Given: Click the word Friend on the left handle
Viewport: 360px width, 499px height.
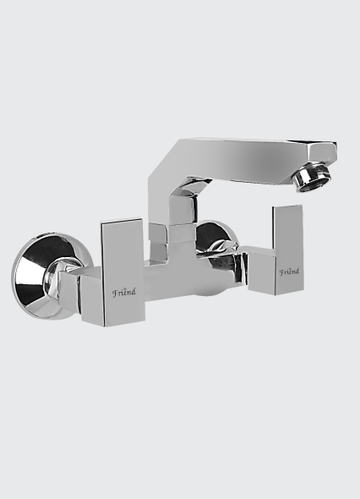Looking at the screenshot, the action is click(123, 292).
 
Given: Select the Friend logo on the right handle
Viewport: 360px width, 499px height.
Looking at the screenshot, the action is click(289, 272).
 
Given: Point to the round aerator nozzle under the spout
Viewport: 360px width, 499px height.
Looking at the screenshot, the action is click(313, 177).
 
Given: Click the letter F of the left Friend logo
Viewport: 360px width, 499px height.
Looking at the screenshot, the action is click(114, 293).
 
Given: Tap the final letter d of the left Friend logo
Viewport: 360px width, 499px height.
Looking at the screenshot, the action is click(133, 291).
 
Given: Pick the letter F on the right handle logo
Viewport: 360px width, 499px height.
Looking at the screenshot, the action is click(281, 272).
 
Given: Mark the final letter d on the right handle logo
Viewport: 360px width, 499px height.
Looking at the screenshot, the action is click(297, 271).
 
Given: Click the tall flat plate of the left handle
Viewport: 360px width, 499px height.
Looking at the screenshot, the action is click(123, 271).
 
